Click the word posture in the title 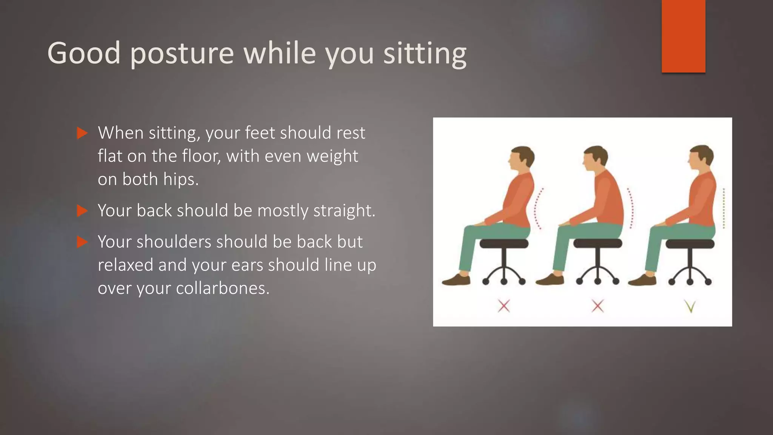tap(182, 54)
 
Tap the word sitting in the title tap(425, 54)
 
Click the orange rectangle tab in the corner tap(683, 36)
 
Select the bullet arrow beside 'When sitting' tap(82, 133)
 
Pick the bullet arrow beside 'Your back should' tap(82, 211)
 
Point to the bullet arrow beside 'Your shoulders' tap(82, 242)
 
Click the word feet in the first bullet tap(260, 133)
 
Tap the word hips tap(180, 179)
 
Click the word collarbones tap(223, 288)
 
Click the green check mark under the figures tap(690, 306)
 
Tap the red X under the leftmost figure tap(504, 306)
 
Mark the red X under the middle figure tap(597, 306)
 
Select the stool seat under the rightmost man tap(690, 244)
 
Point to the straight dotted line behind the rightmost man tap(724, 208)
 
